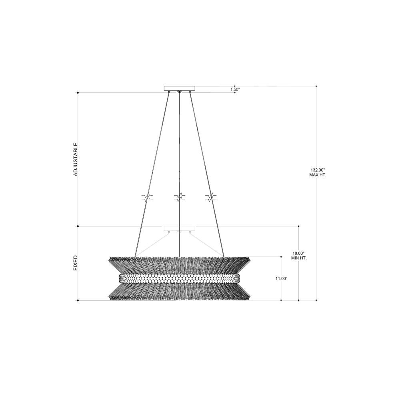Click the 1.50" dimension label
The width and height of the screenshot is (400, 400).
pos(235,89)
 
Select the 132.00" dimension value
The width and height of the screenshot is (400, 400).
pos(317,170)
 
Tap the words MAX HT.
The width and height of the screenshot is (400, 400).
pos(318,175)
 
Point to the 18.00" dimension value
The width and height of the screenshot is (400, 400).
pos(299,253)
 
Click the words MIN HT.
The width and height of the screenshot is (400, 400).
pos(299,258)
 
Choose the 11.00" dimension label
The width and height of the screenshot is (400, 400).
pos(281,278)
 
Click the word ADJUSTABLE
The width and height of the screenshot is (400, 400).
pos(75,159)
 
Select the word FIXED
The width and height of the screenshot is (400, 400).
pos(75,263)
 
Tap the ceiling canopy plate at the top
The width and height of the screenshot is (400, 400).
pos(180,88)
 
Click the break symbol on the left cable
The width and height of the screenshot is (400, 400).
pos(147,197)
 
